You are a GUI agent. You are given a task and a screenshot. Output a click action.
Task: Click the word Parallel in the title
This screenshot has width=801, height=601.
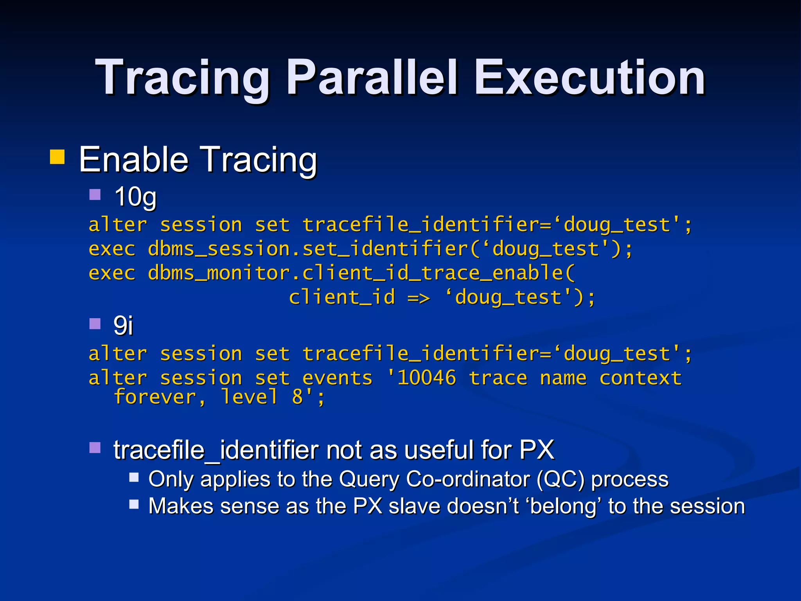point(372,78)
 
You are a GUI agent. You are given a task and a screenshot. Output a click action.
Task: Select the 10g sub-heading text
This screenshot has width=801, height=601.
point(135,197)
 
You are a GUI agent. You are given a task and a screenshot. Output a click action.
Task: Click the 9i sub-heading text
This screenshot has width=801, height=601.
point(123,326)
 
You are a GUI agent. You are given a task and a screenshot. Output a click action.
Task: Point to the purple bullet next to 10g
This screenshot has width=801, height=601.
point(95,194)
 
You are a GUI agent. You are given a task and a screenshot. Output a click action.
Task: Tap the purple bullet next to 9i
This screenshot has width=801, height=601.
point(95,324)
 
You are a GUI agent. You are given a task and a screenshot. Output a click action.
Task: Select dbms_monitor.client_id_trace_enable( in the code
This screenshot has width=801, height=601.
point(361,273)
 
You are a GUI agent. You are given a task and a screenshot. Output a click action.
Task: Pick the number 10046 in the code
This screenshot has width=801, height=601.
point(426,378)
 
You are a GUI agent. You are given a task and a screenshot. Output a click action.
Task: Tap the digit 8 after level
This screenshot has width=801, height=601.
point(297,398)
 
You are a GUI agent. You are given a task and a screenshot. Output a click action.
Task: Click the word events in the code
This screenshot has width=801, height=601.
point(337,378)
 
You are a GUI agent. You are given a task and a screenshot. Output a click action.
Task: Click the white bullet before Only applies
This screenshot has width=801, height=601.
point(134,477)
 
